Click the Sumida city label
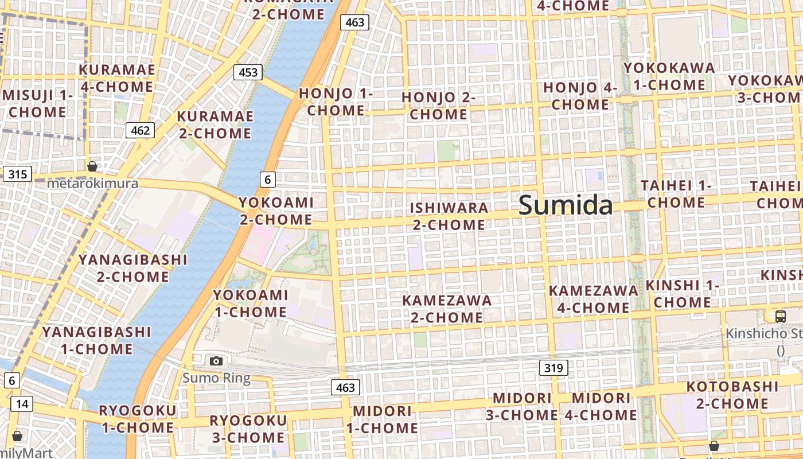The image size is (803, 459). (x=566, y=205)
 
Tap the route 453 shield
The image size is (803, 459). (x=248, y=72)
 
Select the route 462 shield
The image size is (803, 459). (x=140, y=130)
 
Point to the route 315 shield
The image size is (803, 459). (x=17, y=174)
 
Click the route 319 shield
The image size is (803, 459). (x=553, y=368)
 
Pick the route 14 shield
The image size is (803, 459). (x=22, y=404)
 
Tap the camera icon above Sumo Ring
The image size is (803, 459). (x=216, y=361)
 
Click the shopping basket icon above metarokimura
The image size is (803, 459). (x=92, y=167)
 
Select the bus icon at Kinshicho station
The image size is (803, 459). (x=780, y=316)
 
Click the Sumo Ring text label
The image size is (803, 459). (x=216, y=378)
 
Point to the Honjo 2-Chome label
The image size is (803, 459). (x=438, y=106)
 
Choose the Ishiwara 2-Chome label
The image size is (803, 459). (x=450, y=216)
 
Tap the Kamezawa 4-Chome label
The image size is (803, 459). (x=593, y=299)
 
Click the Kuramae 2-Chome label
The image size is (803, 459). (x=215, y=125)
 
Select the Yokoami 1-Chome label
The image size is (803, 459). (x=250, y=304)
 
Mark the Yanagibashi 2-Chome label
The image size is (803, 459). (x=132, y=268)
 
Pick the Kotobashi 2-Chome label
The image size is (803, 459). (x=732, y=395)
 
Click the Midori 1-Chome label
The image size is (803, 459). (x=382, y=419)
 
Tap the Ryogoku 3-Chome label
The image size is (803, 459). (x=248, y=429)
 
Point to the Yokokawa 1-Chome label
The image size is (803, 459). (x=669, y=76)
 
